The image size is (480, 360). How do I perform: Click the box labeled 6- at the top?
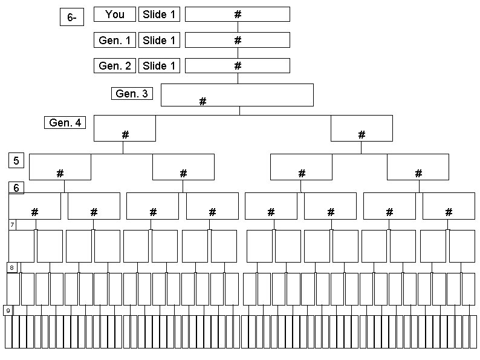click(x=72, y=18)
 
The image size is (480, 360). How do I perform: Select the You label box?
click(x=115, y=15)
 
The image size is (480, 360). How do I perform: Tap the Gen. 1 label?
click(x=115, y=41)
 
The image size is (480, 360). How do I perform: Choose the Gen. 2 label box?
click(x=115, y=66)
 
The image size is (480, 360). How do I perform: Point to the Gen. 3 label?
click(x=132, y=94)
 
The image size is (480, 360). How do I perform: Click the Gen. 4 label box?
click(x=65, y=123)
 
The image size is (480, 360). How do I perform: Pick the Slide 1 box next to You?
click(x=160, y=15)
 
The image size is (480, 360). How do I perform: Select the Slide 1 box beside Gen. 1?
click(x=160, y=41)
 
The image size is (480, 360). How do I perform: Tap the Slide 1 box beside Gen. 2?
click(x=160, y=66)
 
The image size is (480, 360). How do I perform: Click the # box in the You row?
click(x=237, y=15)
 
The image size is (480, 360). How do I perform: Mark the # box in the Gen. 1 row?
click(x=237, y=41)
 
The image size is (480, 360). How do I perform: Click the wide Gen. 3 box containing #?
click(x=237, y=95)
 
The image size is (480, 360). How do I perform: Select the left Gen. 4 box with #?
click(x=125, y=128)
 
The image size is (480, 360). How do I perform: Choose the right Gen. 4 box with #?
click(x=362, y=128)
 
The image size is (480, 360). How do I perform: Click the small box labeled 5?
click(x=16, y=160)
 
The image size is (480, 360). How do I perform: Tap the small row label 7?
click(x=12, y=224)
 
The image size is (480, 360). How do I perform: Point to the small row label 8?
click(x=11, y=267)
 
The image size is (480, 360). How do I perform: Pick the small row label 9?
click(x=8, y=310)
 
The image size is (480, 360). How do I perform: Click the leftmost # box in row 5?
click(x=60, y=167)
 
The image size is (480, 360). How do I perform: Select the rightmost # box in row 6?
click(x=449, y=206)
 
